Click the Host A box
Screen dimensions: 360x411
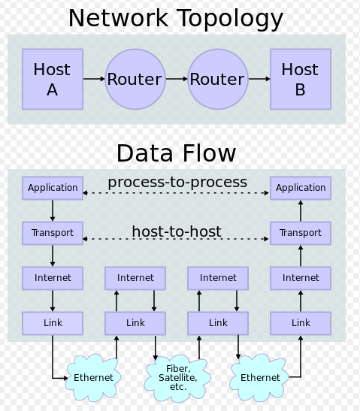coord(53,79)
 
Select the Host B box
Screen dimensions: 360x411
coord(301,79)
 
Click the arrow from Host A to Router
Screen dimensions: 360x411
coord(94,79)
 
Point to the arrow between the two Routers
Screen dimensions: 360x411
coord(177,79)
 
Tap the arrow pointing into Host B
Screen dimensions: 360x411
coord(259,79)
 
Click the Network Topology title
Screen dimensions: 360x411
coord(176,19)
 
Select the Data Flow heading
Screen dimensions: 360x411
coord(176,153)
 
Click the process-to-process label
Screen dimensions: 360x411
coord(177,183)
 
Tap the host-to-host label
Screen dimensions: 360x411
coord(177,231)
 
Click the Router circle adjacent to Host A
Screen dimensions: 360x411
coord(135,79)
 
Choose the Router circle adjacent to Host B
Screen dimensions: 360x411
coord(218,79)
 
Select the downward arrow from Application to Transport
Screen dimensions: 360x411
coord(53,210)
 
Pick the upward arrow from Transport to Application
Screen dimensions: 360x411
coord(301,210)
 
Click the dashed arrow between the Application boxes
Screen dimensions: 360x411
coord(176,193)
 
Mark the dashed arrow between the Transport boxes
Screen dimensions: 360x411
coord(176,239)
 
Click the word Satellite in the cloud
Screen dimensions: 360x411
coord(177,378)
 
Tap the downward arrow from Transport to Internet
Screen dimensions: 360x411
coord(53,255)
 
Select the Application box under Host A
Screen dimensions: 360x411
coord(53,188)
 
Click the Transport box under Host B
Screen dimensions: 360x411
coord(301,233)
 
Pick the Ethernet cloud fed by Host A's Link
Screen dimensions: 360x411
coord(93,377)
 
